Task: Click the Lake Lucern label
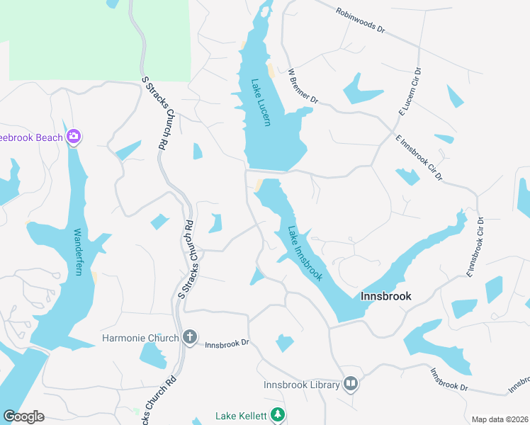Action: (x=261, y=102)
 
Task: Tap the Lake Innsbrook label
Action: (x=305, y=253)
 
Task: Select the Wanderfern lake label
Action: (x=84, y=256)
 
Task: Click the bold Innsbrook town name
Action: (x=386, y=296)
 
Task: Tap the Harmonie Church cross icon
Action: (x=189, y=337)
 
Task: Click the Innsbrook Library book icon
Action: (x=350, y=384)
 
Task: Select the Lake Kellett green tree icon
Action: (x=279, y=415)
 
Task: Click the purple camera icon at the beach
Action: (x=73, y=137)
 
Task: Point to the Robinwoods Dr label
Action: (x=360, y=22)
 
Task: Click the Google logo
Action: (x=23, y=416)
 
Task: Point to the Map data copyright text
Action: (x=499, y=419)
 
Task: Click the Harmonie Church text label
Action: (x=140, y=338)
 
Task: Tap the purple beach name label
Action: (x=31, y=137)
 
